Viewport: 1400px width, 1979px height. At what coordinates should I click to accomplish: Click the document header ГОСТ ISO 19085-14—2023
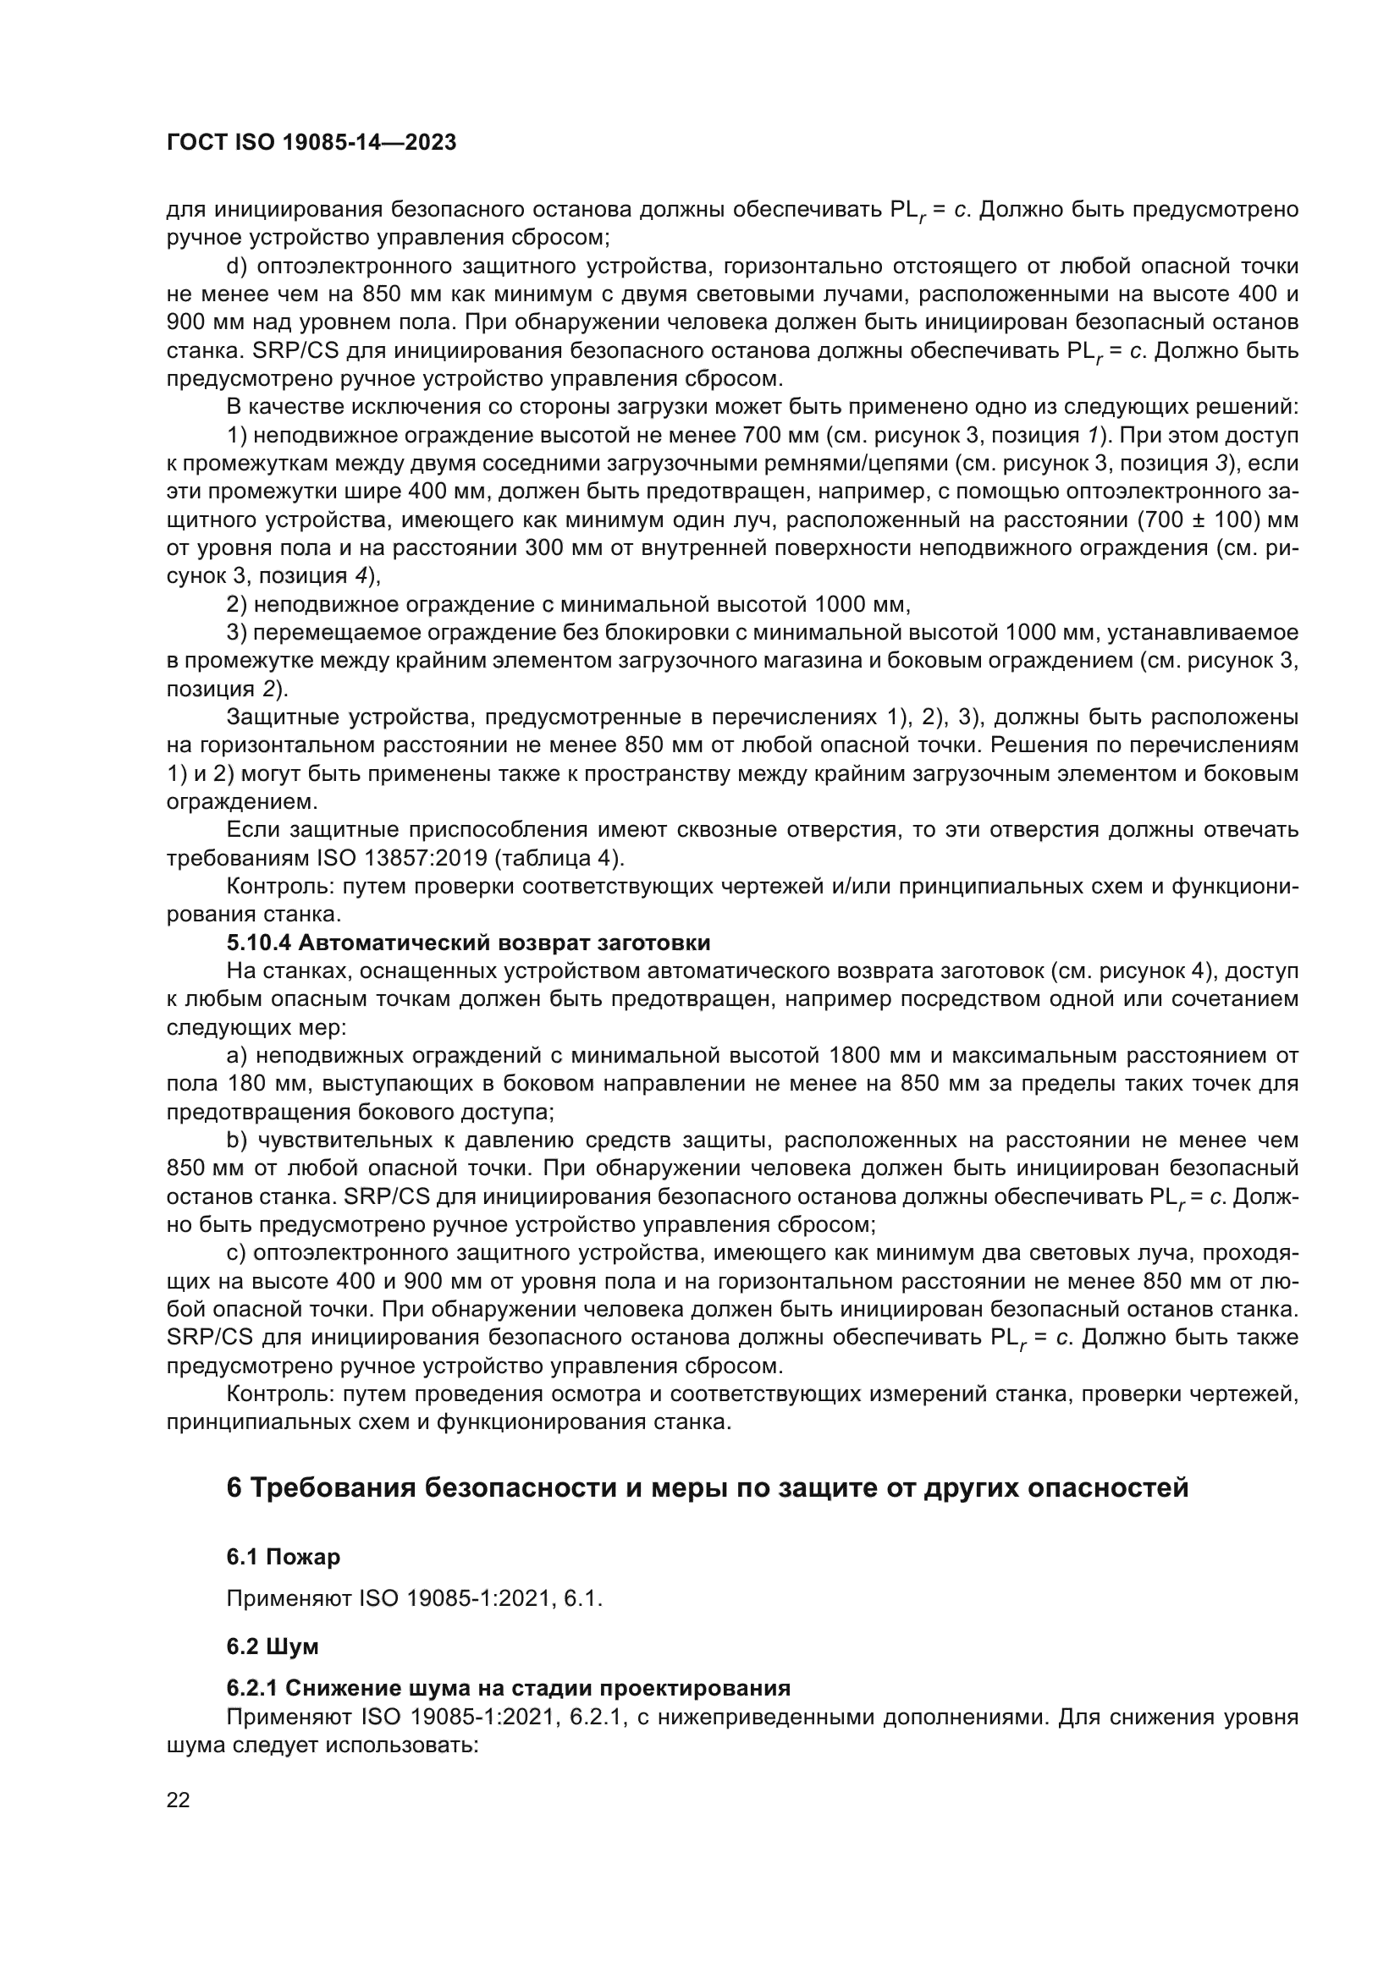(311, 143)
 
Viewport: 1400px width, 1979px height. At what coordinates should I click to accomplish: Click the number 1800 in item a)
(854, 1056)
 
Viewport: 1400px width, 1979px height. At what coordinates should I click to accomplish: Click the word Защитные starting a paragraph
(283, 717)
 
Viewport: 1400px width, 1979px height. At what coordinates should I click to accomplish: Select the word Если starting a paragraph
(253, 830)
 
